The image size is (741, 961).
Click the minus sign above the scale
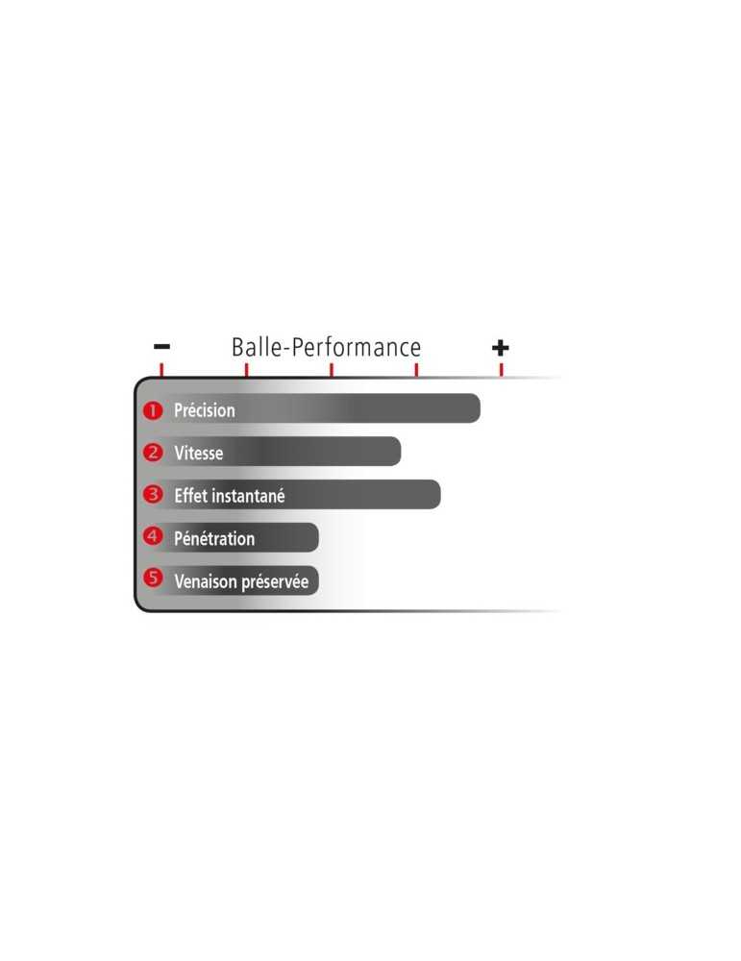tap(161, 347)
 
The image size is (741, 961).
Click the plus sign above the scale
tap(500, 348)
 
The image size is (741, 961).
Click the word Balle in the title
tap(256, 347)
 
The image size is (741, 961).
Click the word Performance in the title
tap(356, 348)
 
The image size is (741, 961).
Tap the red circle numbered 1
tap(153, 410)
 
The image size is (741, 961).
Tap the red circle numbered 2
tap(153, 453)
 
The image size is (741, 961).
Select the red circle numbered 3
tap(153, 495)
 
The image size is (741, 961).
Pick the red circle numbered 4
tap(153, 537)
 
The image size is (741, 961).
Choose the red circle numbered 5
tap(153, 578)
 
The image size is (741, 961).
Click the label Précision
tap(205, 410)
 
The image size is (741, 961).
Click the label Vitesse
tap(199, 453)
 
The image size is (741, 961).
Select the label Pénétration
tap(214, 538)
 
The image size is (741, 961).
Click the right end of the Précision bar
tap(480, 408)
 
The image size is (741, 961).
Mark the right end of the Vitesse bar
tap(400, 452)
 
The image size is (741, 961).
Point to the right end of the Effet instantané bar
tap(439, 495)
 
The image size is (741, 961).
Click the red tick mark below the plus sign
tap(502, 370)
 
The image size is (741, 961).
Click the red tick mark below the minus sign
tap(161, 370)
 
